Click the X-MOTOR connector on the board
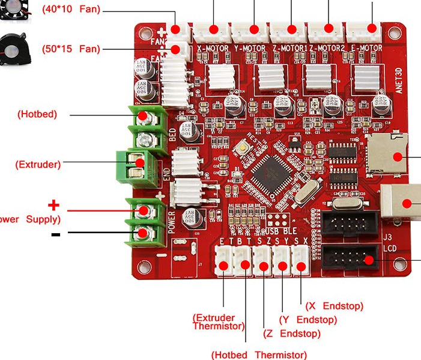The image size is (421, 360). (214, 29)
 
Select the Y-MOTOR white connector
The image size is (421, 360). (253, 29)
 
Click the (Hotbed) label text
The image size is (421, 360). (37, 114)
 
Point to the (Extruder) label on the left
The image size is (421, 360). (38, 163)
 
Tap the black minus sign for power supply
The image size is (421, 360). (55, 234)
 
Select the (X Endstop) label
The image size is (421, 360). (335, 306)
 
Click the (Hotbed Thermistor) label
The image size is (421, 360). (259, 355)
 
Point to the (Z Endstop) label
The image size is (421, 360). (292, 333)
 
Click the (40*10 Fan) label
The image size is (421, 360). (71, 10)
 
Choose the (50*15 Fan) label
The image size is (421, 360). (71, 49)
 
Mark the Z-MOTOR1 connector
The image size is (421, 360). (291, 29)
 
